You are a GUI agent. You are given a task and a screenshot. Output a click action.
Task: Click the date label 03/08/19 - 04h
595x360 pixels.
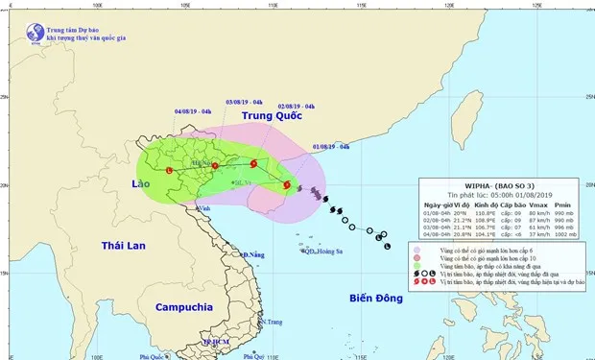pyautogui.click(x=246, y=101)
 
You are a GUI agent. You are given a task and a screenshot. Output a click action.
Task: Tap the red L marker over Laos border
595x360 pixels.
pyautogui.click(x=170, y=171)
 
